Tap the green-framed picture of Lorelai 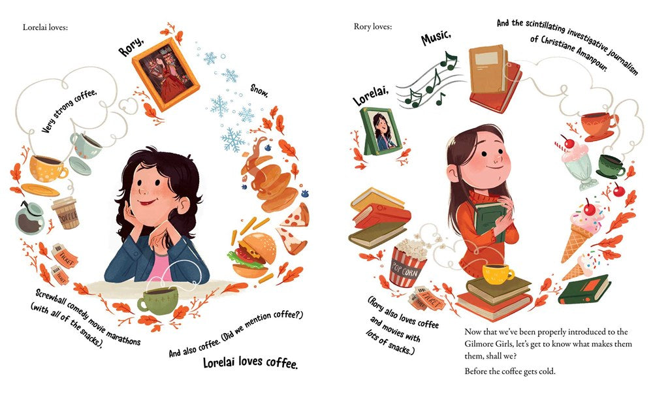(x=377, y=131)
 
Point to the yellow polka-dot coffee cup (x=47, y=168)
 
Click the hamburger (x=247, y=255)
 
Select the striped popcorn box (x=407, y=264)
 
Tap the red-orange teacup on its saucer (x=598, y=124)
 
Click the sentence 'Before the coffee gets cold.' (x=515, y=372)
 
